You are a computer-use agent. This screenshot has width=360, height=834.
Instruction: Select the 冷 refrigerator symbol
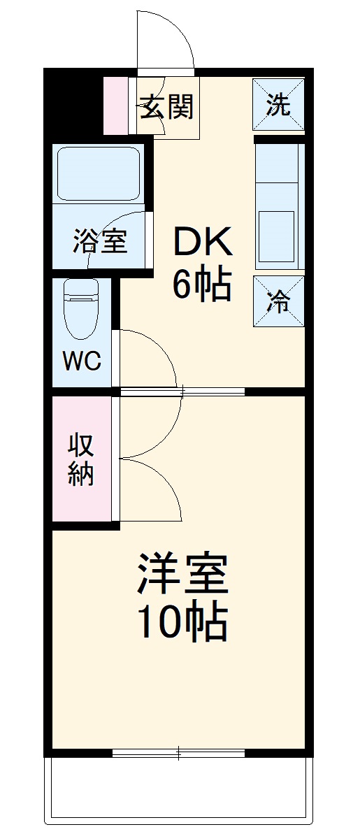(x=279, y=302)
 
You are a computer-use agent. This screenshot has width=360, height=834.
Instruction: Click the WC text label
(x=81, y=361)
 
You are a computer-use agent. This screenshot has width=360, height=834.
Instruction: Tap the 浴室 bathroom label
(x=99, y=242)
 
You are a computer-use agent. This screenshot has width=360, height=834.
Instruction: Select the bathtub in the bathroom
(x=97, y=174)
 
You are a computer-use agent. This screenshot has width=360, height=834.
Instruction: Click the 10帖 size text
(x=181, y=621)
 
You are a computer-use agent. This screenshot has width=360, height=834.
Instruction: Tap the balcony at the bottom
(x=179, y=794)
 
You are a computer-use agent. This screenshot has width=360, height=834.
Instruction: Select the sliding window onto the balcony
(x=179, y=754)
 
